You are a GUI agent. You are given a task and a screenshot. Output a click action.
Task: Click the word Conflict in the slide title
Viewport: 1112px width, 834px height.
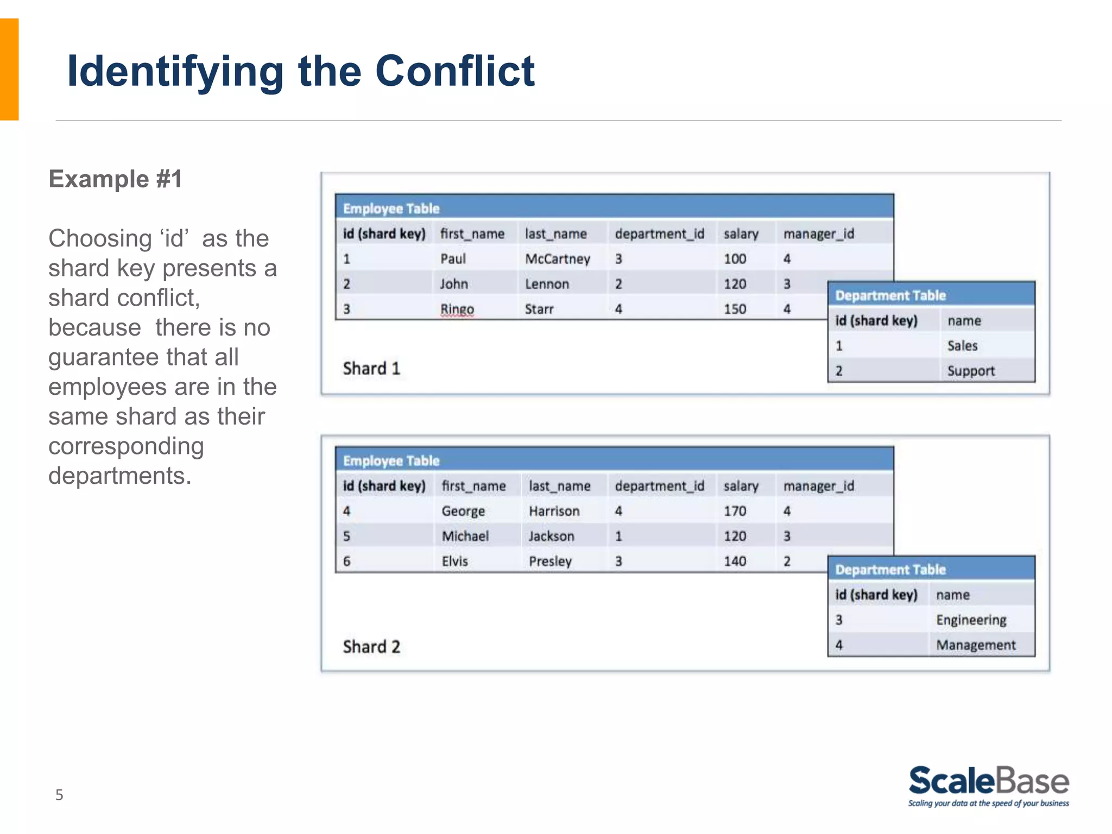point(455,71)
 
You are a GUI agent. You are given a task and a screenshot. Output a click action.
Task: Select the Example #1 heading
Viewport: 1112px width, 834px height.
point(115,179)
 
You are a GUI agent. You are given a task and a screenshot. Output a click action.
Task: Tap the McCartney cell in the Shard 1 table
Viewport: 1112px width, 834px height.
point(557,259)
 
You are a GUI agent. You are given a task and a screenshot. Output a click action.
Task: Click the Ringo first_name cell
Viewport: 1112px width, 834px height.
point(457,309)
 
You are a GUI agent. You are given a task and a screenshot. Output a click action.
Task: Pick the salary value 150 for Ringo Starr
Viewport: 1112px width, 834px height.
point(735,309)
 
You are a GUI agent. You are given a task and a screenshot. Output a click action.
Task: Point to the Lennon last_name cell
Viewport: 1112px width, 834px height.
point(547,284)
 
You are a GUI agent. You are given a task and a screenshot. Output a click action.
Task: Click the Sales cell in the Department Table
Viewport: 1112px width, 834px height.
point(962,346)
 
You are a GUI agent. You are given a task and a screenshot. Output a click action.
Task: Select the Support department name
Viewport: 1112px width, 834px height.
point(971,371)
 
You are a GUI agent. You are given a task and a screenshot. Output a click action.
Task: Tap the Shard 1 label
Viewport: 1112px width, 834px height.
point(371,369)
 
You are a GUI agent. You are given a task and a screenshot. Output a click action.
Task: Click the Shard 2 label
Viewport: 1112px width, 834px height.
point(371,647)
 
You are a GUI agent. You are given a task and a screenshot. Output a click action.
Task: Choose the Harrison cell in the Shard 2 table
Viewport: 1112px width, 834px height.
point(554,511)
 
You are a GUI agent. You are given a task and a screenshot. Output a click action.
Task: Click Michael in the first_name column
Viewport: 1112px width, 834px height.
point(465,536)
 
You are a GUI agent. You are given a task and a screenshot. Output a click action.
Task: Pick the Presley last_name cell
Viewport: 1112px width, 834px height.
point(550,561)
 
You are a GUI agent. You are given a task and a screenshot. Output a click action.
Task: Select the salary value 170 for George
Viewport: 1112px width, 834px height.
point(735,511)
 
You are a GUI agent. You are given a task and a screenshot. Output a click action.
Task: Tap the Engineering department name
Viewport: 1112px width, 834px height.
point(971,620)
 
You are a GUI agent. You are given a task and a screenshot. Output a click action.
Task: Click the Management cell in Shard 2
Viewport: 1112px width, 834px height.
point(976,645)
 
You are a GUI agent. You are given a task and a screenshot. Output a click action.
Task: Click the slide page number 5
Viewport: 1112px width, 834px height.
point(59,795)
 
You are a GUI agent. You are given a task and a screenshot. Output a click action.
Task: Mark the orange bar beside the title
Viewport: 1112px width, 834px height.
point(9,69)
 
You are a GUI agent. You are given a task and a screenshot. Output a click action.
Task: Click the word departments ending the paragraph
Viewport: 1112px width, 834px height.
point(119,476)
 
